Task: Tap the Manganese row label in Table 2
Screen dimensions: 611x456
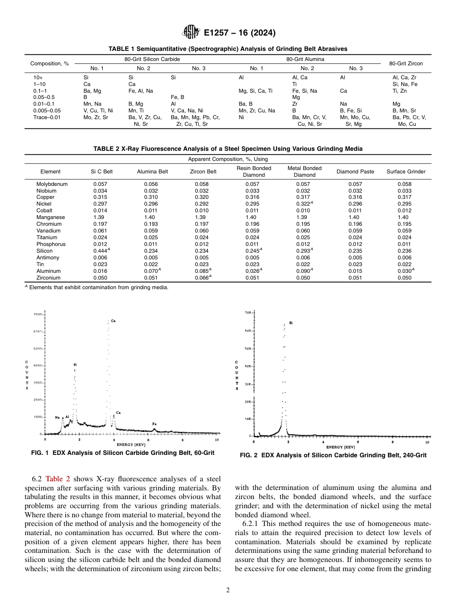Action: pyautogui.click(x=50, y=217)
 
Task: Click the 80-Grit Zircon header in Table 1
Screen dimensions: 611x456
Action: pyautogui.click(x=406, y=63)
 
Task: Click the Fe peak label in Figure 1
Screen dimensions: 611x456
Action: pyautogui.click(x=154, y=424)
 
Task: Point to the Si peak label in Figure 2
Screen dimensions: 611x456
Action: pyautogui.click(x=291, y=323)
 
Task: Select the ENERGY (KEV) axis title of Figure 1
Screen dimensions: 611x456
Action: pyautogui.click(x=131, y=444)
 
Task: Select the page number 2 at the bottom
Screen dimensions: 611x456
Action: pyautogui.click(x=228, y=590)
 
